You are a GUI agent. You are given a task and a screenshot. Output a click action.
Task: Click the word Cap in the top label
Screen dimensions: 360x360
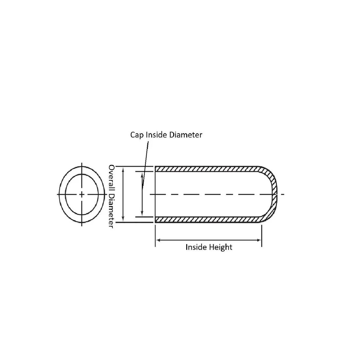tap(137, 135)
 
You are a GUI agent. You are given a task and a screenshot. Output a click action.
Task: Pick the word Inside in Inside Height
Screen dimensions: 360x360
tap(196, 247)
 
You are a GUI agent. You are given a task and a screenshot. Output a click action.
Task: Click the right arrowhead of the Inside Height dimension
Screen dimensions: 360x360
tap(259, 240)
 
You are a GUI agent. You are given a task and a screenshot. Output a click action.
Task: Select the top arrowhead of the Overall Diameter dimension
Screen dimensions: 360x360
tap(123, 170)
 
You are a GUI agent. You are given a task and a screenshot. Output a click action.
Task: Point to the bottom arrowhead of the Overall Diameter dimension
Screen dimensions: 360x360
tap(123, 219)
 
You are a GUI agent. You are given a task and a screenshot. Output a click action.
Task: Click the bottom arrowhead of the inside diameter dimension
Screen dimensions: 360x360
tap(142, 213)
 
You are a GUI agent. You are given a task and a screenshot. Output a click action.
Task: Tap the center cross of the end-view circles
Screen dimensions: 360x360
tap(82, 194)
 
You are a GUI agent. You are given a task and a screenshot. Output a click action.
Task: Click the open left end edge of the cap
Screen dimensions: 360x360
tap(155, 194)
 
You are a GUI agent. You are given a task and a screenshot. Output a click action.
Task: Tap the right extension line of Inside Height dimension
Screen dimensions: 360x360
tap(262, 236)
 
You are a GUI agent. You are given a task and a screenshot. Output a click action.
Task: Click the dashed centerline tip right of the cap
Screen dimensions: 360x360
tap(284, 194)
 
